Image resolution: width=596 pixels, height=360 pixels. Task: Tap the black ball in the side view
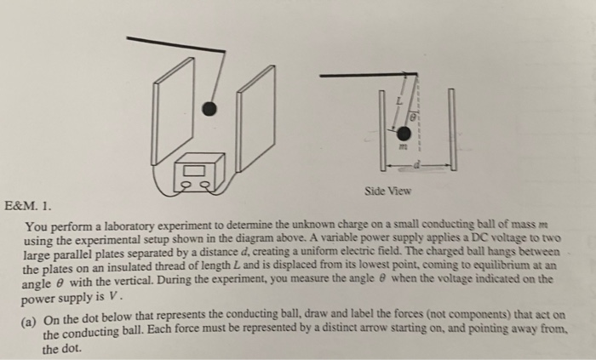click(403, 134)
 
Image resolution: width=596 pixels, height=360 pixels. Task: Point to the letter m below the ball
click(404, 149)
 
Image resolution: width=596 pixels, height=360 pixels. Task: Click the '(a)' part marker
click(32, 317)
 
